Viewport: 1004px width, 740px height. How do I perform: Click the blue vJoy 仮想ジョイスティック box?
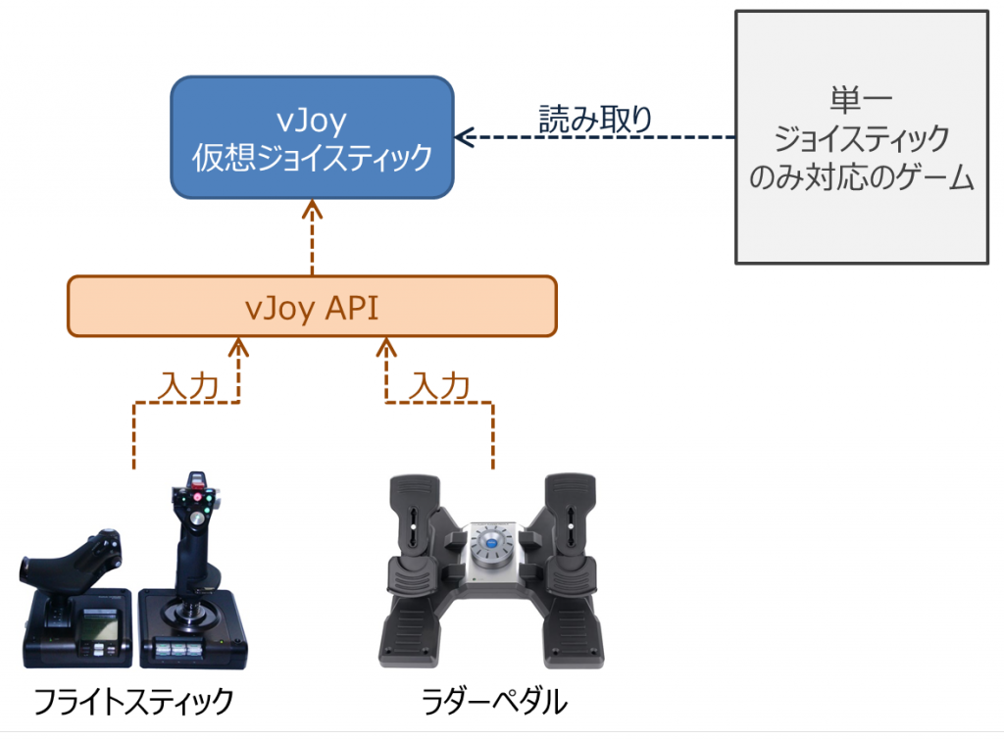(x=312, y=136)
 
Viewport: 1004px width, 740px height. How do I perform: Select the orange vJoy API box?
(x=312, y=307)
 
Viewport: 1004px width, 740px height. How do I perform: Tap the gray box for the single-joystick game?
(x=861, y=137)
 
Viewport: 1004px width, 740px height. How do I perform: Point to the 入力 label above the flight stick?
(x=187, y=386)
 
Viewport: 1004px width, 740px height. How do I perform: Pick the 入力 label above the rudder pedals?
(x=439, y=386)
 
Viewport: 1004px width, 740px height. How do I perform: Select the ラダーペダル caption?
(x=494, y=702)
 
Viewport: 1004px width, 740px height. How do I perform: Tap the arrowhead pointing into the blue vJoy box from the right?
(x=463, y=138)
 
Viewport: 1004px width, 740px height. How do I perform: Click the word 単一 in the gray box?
(x=861, y=101)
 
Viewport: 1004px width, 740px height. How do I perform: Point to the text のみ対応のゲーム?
(x=861, y=179)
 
